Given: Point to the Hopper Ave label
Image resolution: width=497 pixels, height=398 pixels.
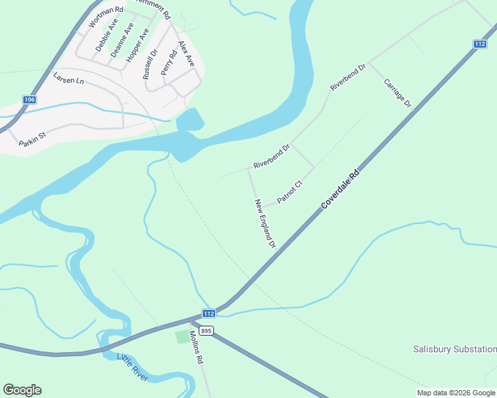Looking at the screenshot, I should [x=138, y=44].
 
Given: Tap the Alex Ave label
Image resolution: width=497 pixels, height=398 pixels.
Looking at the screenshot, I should [x=186, y=54].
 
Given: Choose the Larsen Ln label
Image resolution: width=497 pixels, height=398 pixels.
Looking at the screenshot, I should [x=69, y=78].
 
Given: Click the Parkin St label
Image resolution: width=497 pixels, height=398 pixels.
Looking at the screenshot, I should [x=32, y=141].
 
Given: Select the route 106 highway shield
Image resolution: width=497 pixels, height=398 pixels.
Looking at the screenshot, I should [x=29, y=99].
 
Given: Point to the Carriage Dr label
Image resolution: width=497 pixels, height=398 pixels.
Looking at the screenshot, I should [x=398, y=94].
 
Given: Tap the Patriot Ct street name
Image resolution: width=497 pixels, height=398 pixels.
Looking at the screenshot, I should [x=290, y=192].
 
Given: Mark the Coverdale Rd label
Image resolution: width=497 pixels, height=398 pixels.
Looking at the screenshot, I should [x=340, y=189].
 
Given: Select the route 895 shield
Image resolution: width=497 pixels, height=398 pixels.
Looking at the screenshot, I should [x=207, y=330].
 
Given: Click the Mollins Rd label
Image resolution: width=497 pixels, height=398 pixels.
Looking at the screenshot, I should [x=196, y=347].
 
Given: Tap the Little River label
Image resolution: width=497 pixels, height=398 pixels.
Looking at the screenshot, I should [x=133, y=366].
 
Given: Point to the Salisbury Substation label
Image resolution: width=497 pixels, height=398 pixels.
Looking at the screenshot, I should [x=454, y=349].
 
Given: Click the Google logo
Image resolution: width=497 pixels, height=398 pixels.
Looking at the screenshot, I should [x=22, y=390].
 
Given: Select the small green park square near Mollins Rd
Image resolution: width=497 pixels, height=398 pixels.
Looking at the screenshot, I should [x=182, y=337].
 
